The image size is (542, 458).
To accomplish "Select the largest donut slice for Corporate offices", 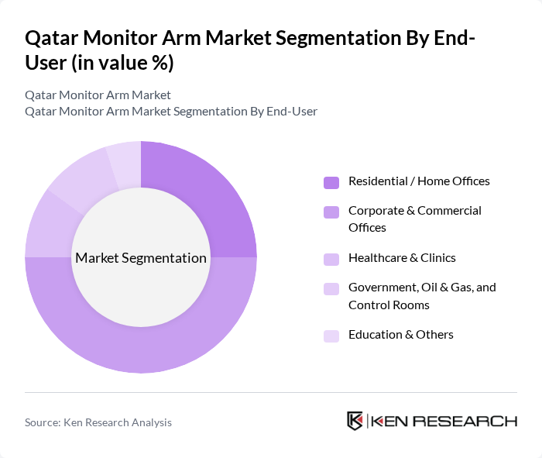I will (x=155, y=341).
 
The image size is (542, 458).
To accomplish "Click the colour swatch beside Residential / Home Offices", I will (x=331, y=182).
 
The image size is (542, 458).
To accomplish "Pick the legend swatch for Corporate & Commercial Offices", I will (x=331, y=212).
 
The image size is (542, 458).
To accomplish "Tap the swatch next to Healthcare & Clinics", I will (x=331, y=259).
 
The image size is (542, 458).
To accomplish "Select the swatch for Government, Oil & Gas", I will (x=331, y=288).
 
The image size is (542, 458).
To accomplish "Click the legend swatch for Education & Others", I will (x=331, y=336).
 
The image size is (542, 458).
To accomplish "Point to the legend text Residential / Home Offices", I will (x=419, y=181).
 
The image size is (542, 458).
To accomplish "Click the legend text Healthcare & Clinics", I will (x=402, y=258).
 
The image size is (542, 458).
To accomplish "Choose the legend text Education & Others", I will (x=400, y=335).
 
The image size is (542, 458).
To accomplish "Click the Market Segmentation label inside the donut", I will (x=141, y=258).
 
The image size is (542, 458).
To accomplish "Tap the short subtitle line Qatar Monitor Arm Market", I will (x=98, y=95).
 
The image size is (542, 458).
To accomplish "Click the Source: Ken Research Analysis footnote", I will (x=98, y=422).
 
